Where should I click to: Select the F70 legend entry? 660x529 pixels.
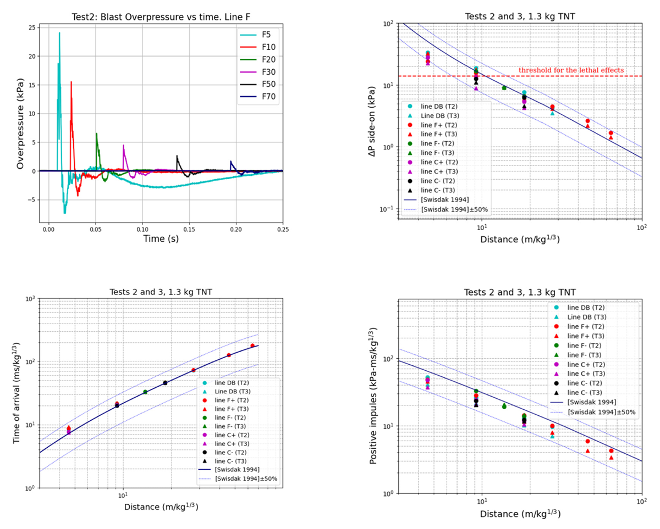[257, 97]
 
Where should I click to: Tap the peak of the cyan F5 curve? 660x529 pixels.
[59, 33]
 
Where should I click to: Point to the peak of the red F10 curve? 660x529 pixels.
[71, 82]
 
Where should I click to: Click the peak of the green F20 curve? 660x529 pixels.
[96, 133]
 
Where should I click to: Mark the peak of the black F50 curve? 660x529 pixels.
[177, 155]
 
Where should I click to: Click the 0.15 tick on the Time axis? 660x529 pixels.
[189, 229]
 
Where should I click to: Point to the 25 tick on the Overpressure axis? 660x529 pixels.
[32, 27]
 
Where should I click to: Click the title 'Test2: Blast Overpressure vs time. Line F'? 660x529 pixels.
[161, 17]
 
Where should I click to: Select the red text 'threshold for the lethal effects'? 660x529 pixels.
[571, 70]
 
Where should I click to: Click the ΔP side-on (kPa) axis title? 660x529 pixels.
[372, 121]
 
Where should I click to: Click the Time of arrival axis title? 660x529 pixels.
[16, 393]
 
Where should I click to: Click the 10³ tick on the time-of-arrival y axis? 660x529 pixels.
[30, 299]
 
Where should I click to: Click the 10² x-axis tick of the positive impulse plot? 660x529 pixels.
[642, 502]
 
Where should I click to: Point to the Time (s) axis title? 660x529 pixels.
[161, 238]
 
